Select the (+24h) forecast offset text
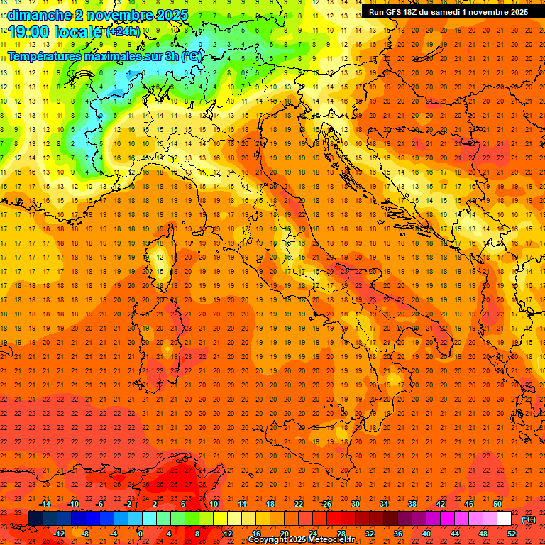point(122,32)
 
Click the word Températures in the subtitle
point(43,56)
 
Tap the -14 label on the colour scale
point(45,504)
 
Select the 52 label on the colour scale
point(512,534)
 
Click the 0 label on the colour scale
point(141,534)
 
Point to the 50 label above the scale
point(497,504)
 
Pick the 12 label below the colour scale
point(228,534)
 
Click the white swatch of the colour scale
point(504,519)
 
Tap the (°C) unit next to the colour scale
point(529,519)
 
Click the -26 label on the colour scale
point(326,504)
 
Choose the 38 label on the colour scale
point(412,504)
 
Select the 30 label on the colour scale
point(355,504)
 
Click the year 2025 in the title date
point(172,15)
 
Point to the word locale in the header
point(75,31)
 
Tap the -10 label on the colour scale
point(73,504)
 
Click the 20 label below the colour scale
point(285,534)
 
